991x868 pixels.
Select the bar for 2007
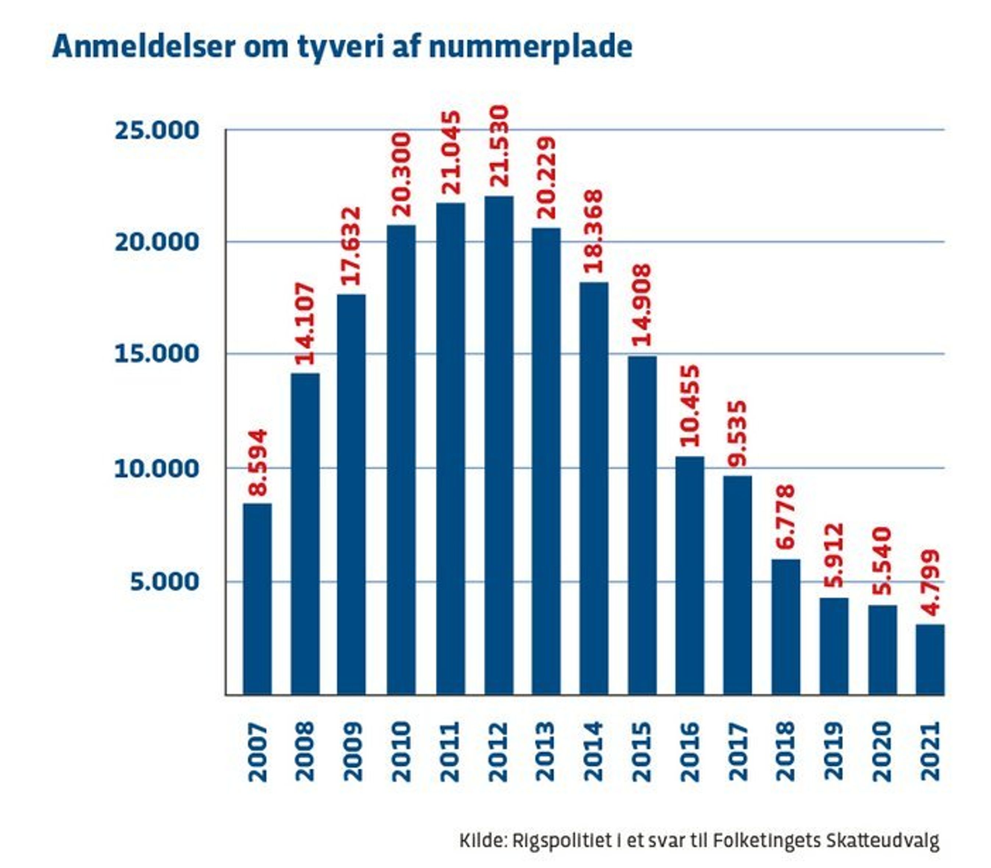click(257, 599)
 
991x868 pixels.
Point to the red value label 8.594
click(257, 463)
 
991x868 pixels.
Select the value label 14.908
click(642, 305)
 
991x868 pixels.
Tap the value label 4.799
click(930, 583)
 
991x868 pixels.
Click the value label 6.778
click(785, 517)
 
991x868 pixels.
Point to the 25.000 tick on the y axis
click(156, 130)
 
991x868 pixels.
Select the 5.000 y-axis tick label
click(164, 581)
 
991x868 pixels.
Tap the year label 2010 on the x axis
click(402, 751)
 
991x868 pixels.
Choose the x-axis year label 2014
click(594, 751)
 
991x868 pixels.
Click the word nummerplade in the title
click(530, 47)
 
